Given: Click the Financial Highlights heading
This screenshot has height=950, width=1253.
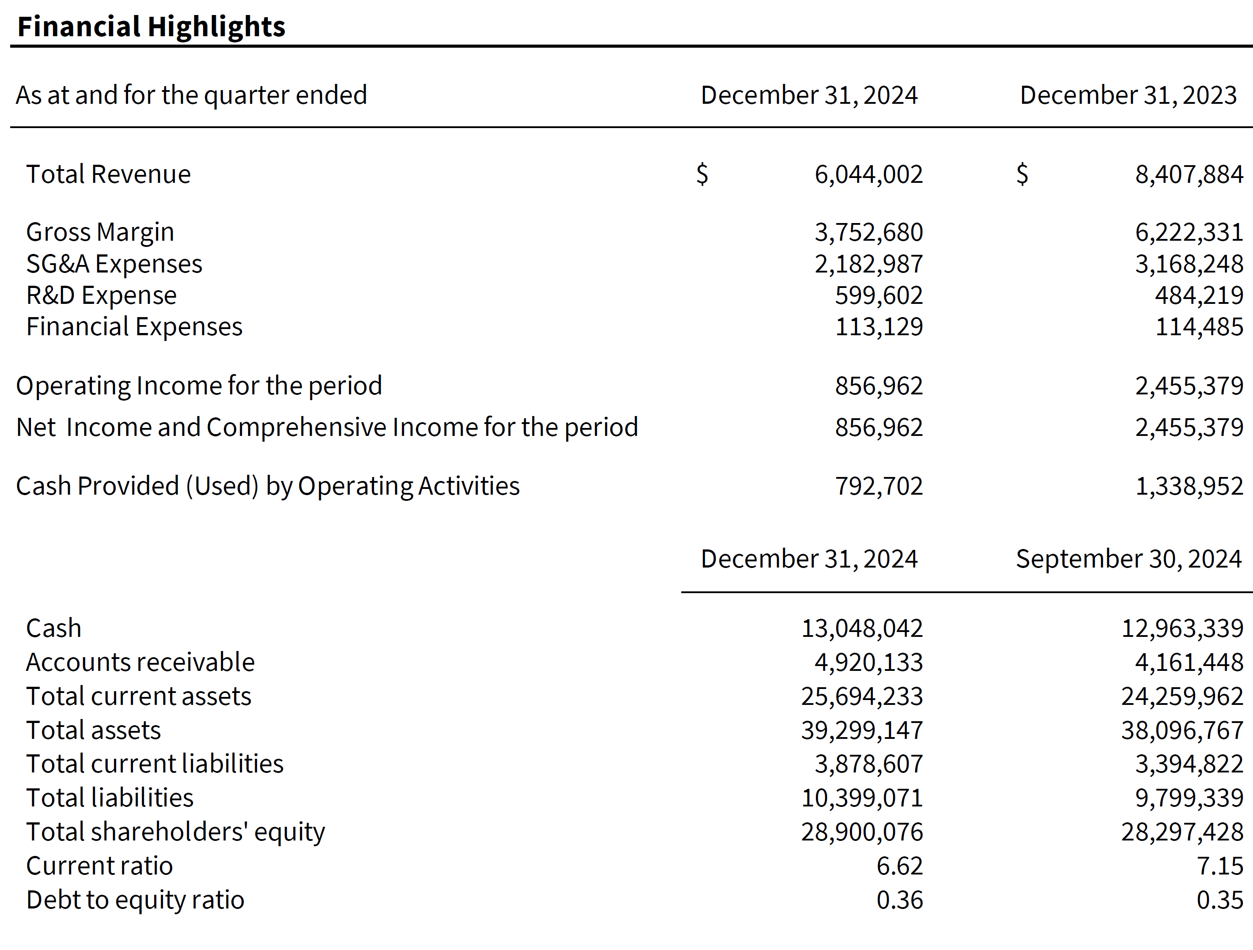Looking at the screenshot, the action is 151,26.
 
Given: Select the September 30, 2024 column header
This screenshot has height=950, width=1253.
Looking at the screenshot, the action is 1128,559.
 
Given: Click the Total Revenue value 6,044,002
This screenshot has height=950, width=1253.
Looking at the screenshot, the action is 868,174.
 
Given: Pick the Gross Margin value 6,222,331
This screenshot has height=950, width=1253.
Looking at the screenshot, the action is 1189,232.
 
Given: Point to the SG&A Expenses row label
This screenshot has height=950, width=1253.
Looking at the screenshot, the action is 114,264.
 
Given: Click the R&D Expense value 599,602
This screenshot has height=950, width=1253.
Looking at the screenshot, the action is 879,295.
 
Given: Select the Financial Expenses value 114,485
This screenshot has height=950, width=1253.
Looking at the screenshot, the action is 1199,327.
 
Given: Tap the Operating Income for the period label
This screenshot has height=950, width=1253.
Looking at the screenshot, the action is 199,386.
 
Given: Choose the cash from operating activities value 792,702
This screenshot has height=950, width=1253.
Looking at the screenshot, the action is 879,486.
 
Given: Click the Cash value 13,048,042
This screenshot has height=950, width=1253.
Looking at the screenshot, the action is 861,628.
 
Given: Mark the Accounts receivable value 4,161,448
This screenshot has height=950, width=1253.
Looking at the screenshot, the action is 1189,662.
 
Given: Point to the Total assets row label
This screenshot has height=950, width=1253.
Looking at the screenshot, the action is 94,730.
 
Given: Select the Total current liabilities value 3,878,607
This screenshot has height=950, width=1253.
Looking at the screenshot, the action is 868,764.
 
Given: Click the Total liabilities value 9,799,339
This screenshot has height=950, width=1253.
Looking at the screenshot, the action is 1189,798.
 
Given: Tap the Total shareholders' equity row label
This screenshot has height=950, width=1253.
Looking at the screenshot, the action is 176,832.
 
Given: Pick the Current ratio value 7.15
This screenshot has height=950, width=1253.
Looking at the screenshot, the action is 1219,866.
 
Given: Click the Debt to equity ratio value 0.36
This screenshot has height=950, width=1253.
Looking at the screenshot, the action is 899,900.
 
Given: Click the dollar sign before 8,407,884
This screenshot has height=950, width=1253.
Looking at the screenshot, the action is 1022,174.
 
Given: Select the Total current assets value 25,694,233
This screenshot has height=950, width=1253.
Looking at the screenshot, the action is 861,696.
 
